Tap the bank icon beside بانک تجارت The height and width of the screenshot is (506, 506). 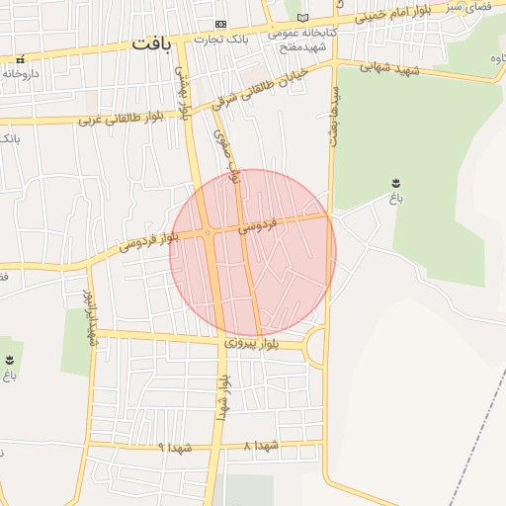coord(220,24)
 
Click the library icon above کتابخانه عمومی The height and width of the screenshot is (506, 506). coord(302,18)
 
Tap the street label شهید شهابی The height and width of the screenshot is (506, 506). coord(389,68)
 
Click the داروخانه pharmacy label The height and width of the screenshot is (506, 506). coord(21,73)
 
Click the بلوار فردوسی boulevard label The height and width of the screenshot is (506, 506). coord(147,240)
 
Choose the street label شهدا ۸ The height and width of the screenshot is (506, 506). coord(262,446)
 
